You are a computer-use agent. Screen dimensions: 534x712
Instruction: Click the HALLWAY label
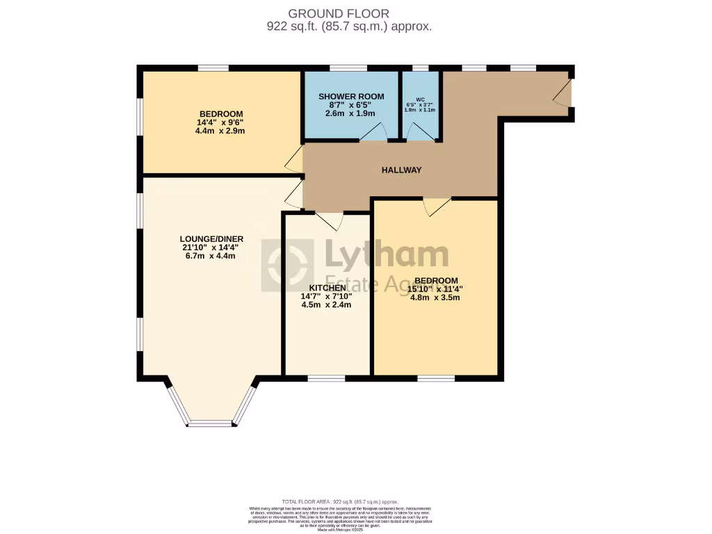(x=401, y=170)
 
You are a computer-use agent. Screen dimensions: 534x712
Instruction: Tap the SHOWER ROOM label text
(x=351, y=95)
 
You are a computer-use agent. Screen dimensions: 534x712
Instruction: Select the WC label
(x=420, y=99)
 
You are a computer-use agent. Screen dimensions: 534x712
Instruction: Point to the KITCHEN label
(x=327, y=287)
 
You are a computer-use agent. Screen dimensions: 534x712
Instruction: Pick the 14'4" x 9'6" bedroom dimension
(x=220, y=122)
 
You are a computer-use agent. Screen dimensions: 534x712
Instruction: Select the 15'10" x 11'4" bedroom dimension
(x=436, y=289)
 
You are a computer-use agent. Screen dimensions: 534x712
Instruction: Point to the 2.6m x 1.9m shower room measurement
(x=350, y=113)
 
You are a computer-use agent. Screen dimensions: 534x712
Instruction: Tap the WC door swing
(x=417, y=132)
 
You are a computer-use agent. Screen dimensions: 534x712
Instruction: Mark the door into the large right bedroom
(x=437, y=207)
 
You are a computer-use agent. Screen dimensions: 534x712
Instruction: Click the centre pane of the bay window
(x=210, y=423)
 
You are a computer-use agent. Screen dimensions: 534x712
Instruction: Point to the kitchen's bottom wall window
(x=327, y=379)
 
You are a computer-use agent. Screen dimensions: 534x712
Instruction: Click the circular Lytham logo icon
(x=287, y=266)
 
